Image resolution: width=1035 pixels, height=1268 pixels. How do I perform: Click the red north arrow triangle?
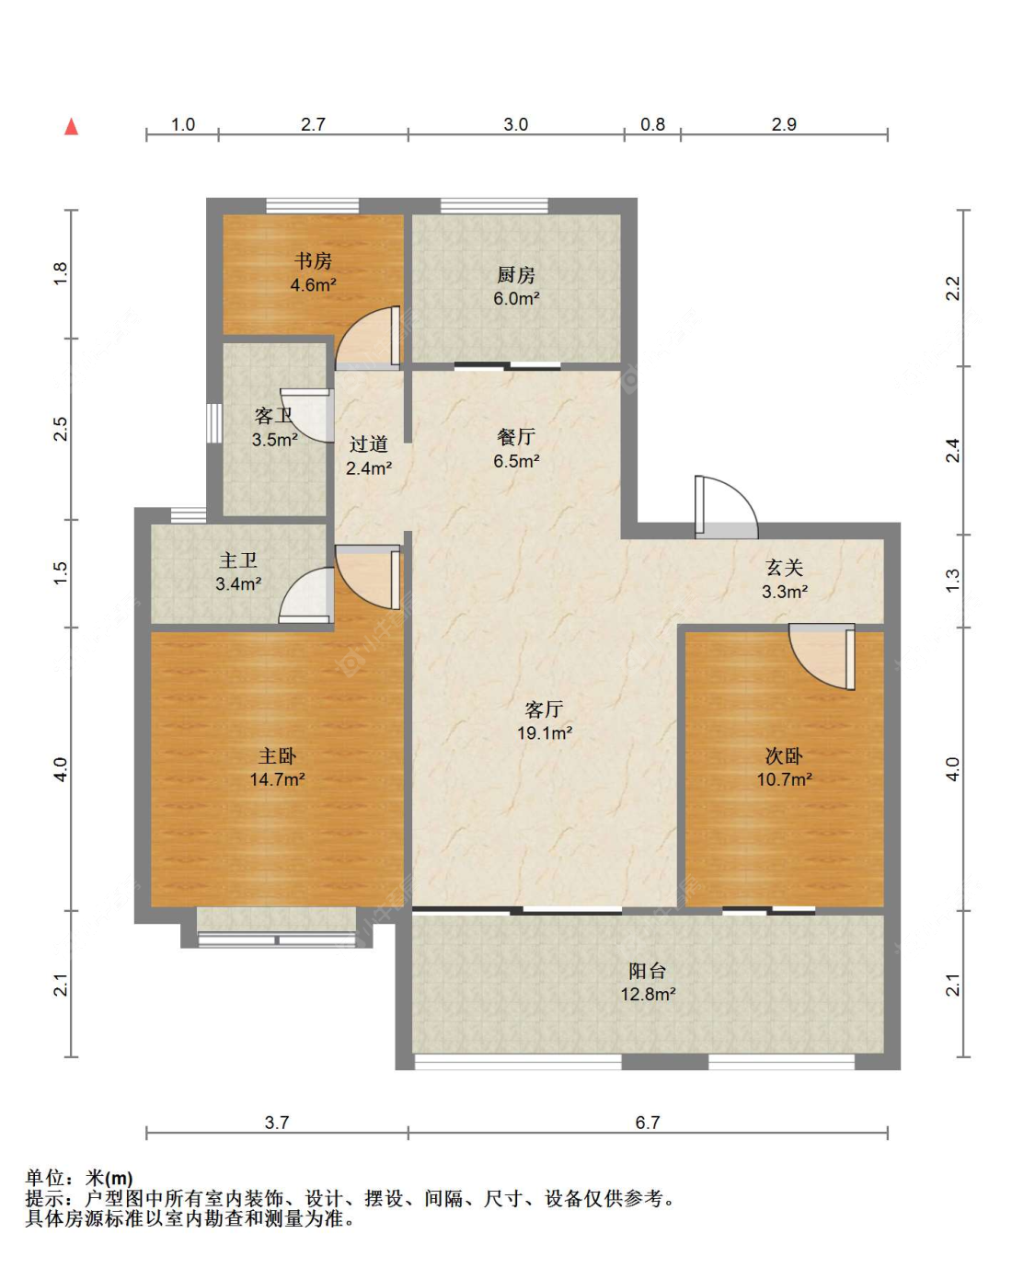[x=72, y=127]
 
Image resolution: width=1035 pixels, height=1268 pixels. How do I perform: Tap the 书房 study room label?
[x=313, y=261]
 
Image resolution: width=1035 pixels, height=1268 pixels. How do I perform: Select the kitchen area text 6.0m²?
[x=516, y=298]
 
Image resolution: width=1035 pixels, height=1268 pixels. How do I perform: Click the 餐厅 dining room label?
[x=516, y=437]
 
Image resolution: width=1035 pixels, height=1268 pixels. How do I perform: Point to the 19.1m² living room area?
[x=545, y=732]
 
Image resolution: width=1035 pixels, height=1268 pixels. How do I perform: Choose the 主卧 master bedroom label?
[x=277, y=755]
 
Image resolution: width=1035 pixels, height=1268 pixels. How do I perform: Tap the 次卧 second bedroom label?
[x=784, y=755]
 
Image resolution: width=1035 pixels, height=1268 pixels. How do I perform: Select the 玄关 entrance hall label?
[x=784, y=568]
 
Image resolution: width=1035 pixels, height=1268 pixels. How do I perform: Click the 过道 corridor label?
[x=368, y=444]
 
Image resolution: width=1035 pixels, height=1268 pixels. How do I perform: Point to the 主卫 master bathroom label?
[x=238, y=560]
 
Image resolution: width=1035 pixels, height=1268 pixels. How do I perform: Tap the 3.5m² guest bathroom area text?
[x=275, y=440]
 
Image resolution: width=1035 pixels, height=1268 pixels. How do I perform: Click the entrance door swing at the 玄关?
[x=726, y=507]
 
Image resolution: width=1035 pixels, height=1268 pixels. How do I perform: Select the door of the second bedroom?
[x=822, y=657]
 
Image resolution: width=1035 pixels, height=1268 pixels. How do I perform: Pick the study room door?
[x=367, y=338]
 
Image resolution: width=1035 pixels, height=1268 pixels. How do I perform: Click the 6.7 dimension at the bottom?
[x=648, y=1122]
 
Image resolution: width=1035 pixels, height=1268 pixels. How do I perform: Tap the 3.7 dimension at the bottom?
[x=277, y=1122]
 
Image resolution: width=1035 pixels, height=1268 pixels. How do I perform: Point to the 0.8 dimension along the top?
[x=652, y=124]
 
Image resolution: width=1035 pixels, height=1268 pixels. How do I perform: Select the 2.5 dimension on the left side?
[x=61, y=429]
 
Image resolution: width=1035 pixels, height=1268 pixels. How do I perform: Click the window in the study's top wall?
[x=313, y=205]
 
